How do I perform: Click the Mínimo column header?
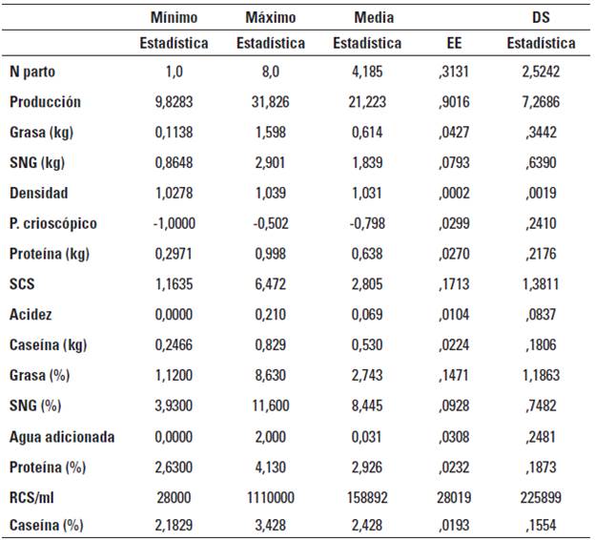point(174,18)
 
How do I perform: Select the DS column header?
point(541,18)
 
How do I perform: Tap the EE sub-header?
point(456,44)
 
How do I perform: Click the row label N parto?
point(33,72)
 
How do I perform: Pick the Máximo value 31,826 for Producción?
point(270,102)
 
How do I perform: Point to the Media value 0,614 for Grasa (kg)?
point(367,133)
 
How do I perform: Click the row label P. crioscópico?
point(53,224)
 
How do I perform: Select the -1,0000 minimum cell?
point(174,224)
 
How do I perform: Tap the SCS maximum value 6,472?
point(270,285)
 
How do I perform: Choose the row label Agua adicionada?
point(62,438)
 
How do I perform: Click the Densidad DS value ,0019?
point(540,194)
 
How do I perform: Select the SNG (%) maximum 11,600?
point(270,407)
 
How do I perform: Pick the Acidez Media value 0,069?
point(367,316)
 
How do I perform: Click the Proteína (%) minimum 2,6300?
point(174,468)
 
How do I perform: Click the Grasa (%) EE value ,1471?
point(456,377)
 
